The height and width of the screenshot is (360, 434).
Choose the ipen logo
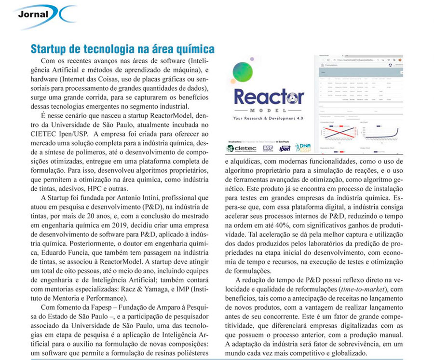(285, 148)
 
